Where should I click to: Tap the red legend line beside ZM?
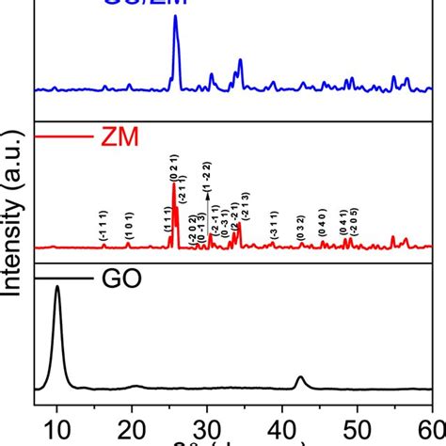coord(58,139)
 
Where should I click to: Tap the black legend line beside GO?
coord(58,279)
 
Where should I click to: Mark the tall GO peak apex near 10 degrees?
coord(57,288)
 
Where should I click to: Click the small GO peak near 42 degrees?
coord(300,377)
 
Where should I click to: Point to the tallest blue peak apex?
coord(175,16)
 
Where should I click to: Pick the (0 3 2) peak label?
coord(301,229)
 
